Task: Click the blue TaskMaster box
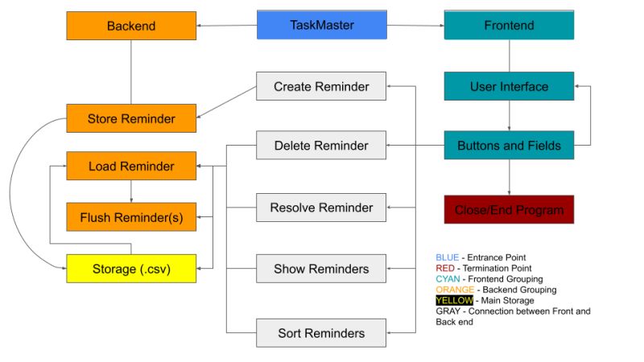coord(321,25)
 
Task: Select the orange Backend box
coord(130,26)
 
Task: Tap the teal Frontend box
coord(509,25)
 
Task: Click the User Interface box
coord(509,86)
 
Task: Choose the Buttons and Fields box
coord(509,146)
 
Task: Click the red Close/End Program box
coord(509,209)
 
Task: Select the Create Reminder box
coord(321,86)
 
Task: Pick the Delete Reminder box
coord(321,146)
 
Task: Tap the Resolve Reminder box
coord(321,208)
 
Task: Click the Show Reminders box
coord(321,269)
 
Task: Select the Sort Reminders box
coord(321,333)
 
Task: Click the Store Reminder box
coord(130,119)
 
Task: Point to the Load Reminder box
coord(130,167)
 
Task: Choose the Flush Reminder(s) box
coord(130,217)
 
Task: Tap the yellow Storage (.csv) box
coord(130,269)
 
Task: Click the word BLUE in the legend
coord(447,257)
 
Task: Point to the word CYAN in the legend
coord(448,278)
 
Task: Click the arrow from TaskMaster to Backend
coord(226,26)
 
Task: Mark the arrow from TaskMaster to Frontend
coord(415,26)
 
